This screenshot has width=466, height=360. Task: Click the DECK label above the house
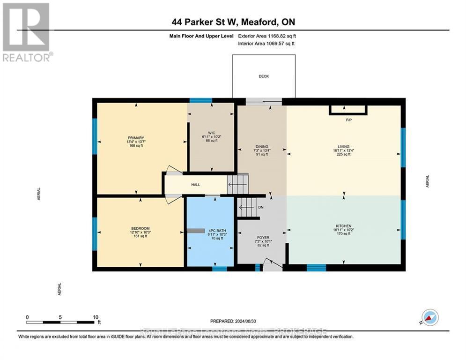(264, 76)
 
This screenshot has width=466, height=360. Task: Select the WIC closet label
(211, 132)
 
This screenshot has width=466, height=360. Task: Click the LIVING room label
(343, 147)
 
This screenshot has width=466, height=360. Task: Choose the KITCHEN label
(343, 226)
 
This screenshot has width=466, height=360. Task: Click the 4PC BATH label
(211, 230)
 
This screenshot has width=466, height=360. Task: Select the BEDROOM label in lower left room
(140, 228)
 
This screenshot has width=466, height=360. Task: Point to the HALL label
(195, 185)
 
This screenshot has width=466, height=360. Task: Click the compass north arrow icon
(430, 317)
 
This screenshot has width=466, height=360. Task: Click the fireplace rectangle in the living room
(348, 110)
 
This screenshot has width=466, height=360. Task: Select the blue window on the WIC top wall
(200, 100)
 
